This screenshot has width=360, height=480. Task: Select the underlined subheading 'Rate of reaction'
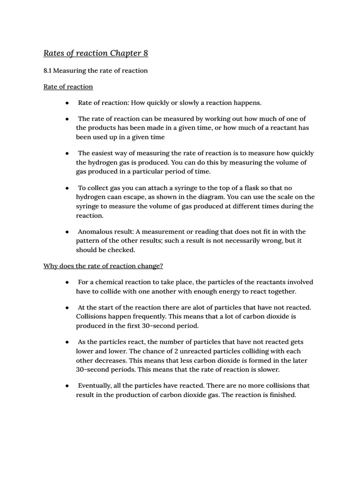coord(68,87)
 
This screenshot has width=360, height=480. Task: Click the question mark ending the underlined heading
coord(161,266)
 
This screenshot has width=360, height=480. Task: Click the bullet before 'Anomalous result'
coord(67,232)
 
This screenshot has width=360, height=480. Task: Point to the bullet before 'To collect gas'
coord(67,188)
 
